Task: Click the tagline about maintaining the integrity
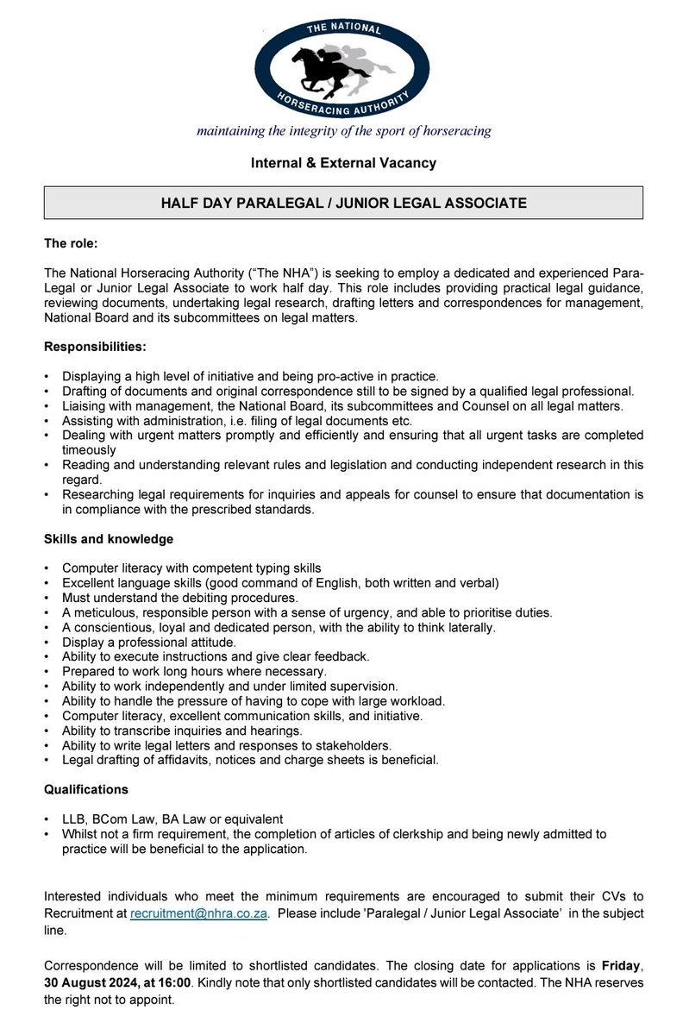(x=343, y=132)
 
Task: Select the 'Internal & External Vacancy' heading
(x=343, y=162)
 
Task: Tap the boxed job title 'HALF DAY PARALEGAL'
(x=343, y=204)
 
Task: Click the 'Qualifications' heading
(x=86, y=788)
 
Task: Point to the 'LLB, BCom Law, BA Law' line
(x=172, y=818)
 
